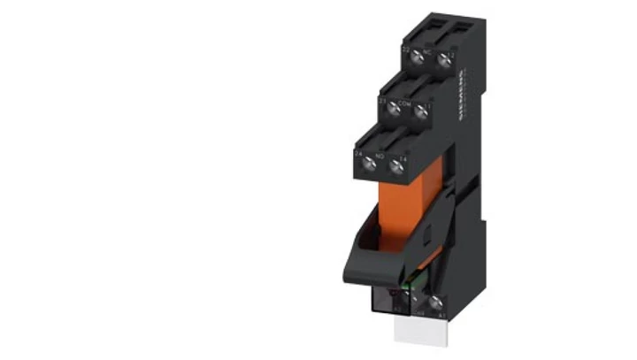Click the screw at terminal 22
[x=416, y=57]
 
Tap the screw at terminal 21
[x=395, y=108]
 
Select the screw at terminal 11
[x=421, y=111]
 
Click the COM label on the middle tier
[x=407, y=103]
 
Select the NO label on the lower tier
[x=381, y=157]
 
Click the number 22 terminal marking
[x=406, y=50]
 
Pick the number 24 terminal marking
[x=358, y=153]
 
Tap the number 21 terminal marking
[x=383, y=102]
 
